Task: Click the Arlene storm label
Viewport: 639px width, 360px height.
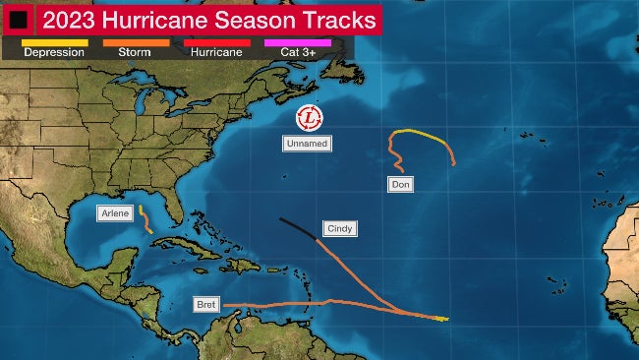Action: [114, 212]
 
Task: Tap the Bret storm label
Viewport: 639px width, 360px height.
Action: [205, 303]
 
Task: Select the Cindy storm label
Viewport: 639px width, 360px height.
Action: [339, 228]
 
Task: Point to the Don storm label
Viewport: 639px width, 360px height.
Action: [399, 184]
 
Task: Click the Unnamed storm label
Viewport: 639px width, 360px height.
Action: [306, 144]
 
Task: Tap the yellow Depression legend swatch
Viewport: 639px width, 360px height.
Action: [53, 41]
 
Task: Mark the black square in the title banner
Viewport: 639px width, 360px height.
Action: [18, 19]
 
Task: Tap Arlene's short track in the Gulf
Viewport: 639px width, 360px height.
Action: [145, 218]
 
